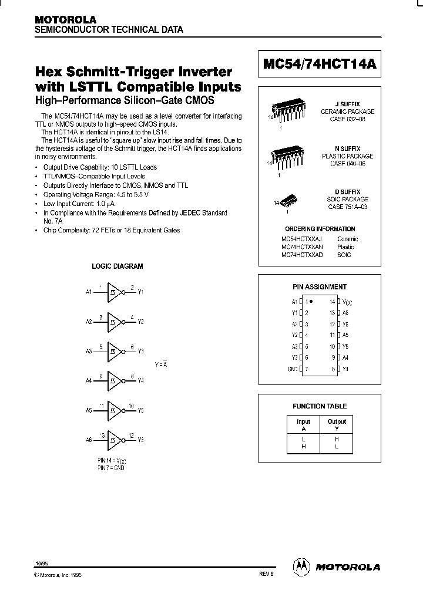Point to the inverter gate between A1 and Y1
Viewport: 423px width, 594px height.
pos(115,292)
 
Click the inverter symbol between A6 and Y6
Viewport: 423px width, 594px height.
pos(115,440)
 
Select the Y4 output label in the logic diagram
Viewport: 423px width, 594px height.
pos(141,380)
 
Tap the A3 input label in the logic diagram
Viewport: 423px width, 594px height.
pos(88,351)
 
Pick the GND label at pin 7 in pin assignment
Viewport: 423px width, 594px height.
pos(291,369)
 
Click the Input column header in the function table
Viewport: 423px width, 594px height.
pos(303,421)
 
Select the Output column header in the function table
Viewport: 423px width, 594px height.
pos(337,421)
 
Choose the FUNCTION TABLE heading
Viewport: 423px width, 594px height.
pos(320,406)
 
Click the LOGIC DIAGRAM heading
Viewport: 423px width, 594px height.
pos(117,266)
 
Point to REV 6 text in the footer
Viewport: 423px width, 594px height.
pos(266,576)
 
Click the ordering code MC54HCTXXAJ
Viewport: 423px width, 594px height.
pos(302,239)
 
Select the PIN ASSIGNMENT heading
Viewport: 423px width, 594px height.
pos(320,287)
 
